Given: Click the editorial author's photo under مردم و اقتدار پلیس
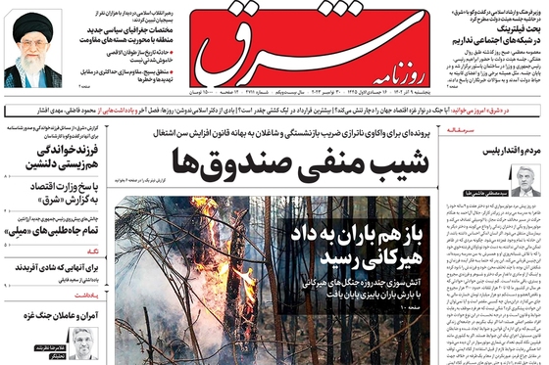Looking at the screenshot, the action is point(525,182).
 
